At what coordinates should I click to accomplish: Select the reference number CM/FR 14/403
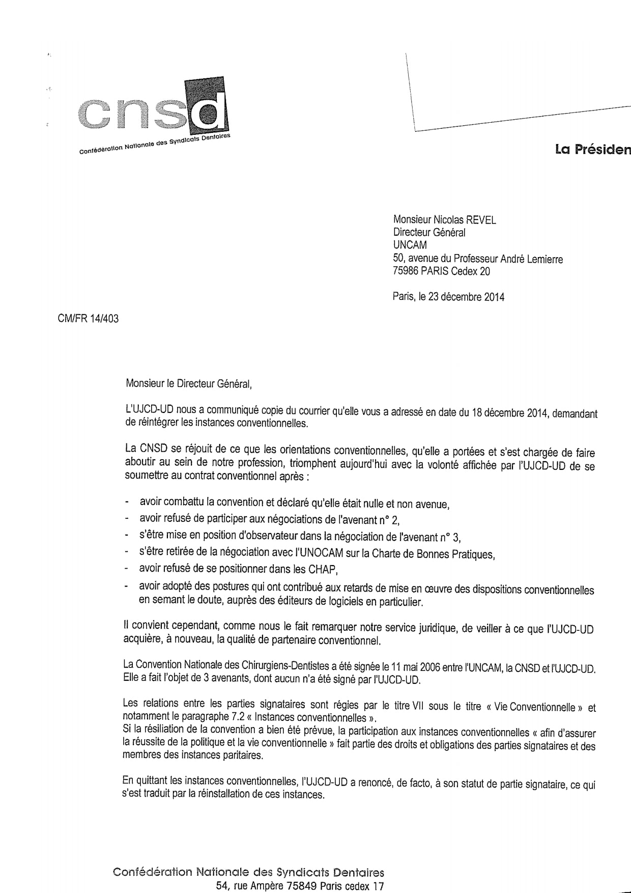(88, 319)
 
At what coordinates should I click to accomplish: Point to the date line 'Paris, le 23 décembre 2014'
(448, 297)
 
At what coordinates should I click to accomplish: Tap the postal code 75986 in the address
(406, 271)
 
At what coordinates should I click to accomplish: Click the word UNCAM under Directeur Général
(410, 245)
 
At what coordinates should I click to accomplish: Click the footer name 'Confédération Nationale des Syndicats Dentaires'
(248, 871)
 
